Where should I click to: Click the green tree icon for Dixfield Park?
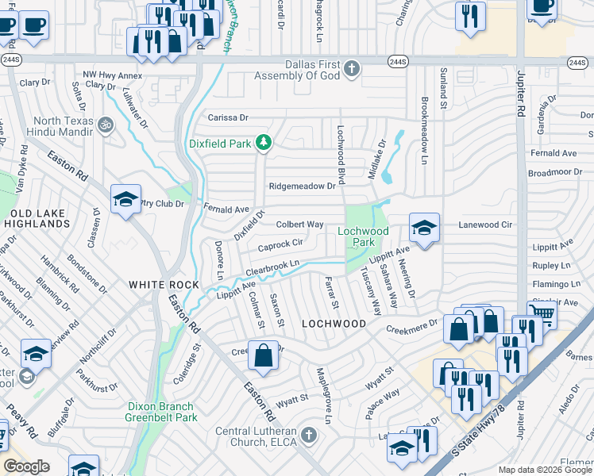pyautogui.click(x=264, y=144)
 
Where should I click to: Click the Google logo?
pyautogui.click(x=26, y=466)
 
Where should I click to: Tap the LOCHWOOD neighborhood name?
pyautogui.click(x=334, y=324)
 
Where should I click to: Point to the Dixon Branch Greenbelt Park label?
pyautogui.click(x=162, y=412)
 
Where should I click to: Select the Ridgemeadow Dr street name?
pyautogui.click(x=303, y=186)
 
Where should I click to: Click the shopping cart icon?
pyautogui.click(x=542, y=314)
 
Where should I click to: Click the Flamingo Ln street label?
pyautogui.click(x=557, y=284)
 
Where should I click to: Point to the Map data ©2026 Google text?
pyautogui.click(x=545, y=470)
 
